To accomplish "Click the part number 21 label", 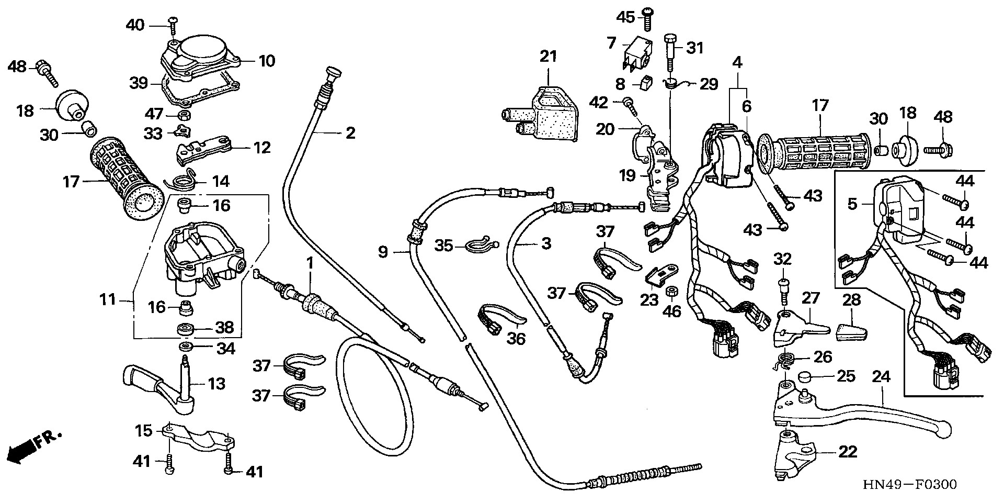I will pos(548,56).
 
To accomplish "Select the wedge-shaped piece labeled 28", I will pos(851,332).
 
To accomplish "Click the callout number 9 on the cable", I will pos(383,253).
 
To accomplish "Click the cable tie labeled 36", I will pos(497,320).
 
